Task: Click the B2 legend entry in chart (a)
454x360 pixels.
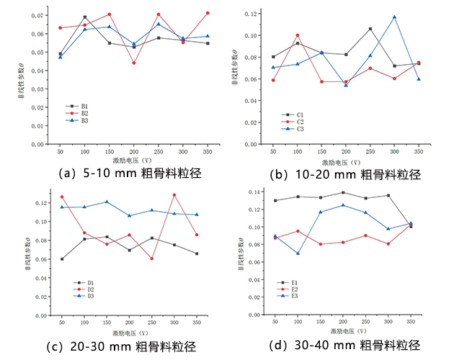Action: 84,113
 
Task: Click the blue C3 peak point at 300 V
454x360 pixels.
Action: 393,17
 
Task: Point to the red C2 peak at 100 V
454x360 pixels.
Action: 297,35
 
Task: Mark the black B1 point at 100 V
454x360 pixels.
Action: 85,17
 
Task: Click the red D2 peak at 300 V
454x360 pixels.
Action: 174,195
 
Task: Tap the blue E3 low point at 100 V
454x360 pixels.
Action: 297,253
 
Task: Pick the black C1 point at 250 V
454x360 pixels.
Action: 370,29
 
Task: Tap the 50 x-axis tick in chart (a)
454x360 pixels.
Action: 60,152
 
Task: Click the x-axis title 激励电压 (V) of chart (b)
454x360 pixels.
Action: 345,161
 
